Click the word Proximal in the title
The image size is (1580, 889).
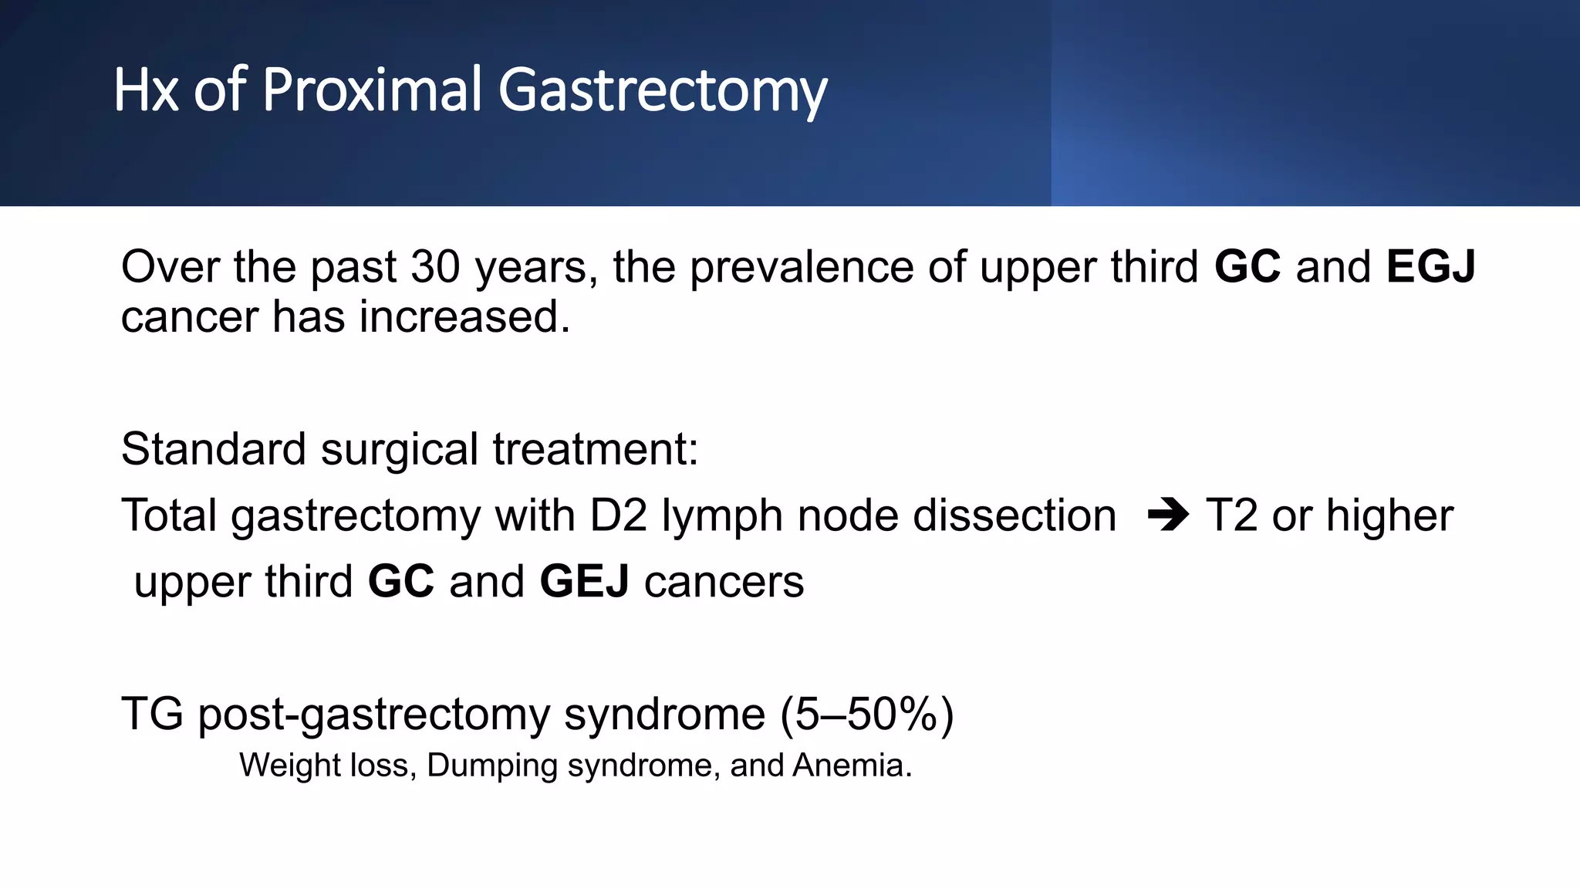[372, 90]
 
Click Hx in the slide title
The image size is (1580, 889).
[146, 90]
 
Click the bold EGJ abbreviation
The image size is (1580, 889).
[1430, 267]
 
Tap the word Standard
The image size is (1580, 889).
[213, 449]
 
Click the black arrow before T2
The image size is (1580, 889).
[1168, 515]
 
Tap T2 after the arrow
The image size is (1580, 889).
[1231, 515]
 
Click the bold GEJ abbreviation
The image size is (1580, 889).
[584, 581]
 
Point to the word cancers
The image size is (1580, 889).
[724, 581]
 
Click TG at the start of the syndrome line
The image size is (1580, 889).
[152, 714]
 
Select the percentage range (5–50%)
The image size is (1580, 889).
[867, 714]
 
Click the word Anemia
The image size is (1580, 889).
[852, 766]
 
